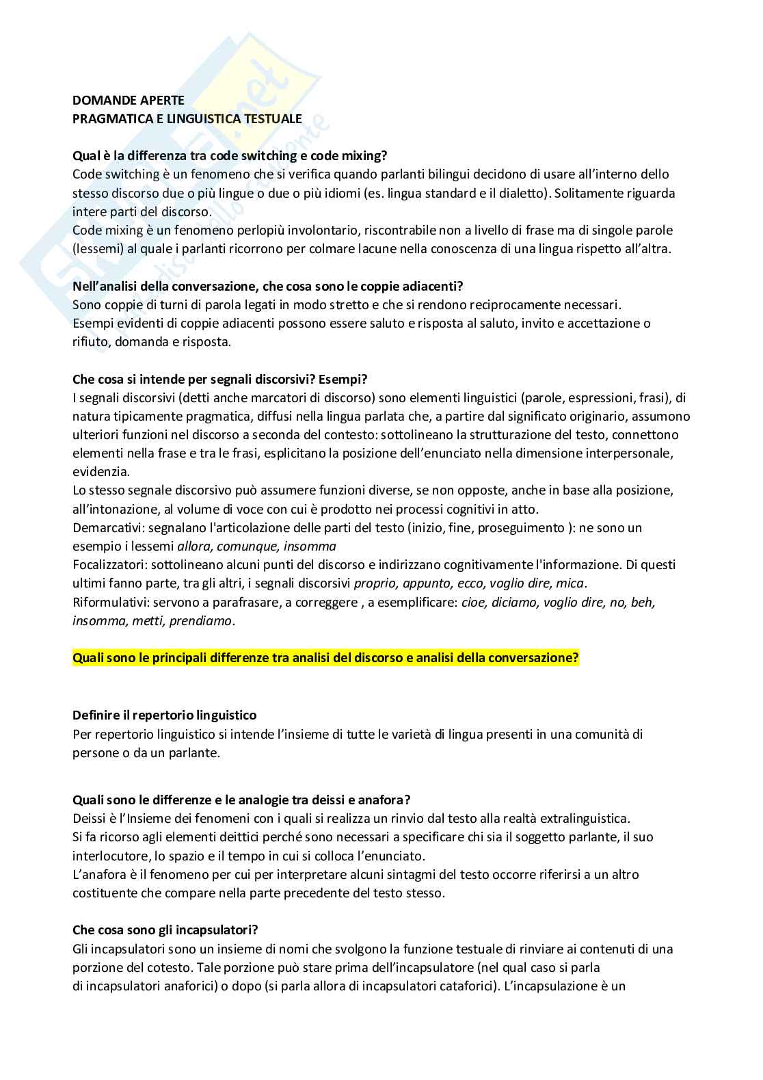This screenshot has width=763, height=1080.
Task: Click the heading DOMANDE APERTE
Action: (129, 101)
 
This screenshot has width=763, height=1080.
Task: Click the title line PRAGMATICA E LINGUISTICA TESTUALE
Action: (187, 118)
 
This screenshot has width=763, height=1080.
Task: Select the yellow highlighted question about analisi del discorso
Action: (325, 658)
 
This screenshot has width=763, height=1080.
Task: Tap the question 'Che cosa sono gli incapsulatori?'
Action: (165, 930)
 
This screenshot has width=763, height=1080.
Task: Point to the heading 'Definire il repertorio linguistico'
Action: (164, 715)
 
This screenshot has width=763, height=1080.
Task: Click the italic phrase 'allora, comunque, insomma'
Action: (256, 546)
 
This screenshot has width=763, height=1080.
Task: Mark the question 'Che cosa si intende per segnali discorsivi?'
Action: (219, 379)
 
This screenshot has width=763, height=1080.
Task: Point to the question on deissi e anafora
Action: (241, 800)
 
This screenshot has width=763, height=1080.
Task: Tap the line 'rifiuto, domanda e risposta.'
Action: (152, 342)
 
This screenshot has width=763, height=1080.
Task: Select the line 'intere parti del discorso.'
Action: (142, 212)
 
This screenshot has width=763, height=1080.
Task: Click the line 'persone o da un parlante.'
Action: (146, 753)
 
